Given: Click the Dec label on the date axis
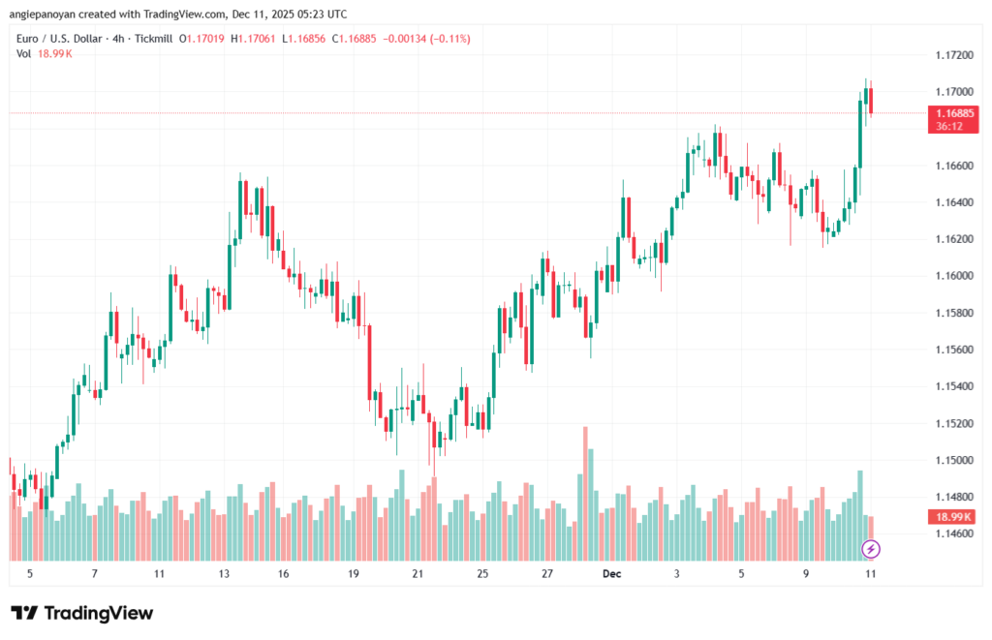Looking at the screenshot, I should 611,573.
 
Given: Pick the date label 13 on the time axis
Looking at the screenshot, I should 225,573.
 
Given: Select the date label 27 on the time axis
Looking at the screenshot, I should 547,573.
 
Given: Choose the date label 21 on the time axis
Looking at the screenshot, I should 418,573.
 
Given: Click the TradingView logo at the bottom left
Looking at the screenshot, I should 81,613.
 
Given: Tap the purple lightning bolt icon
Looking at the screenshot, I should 871,549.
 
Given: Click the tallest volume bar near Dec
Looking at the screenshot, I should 585,494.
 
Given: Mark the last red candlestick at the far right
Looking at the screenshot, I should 871,101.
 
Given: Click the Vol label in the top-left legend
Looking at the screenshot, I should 24,53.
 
